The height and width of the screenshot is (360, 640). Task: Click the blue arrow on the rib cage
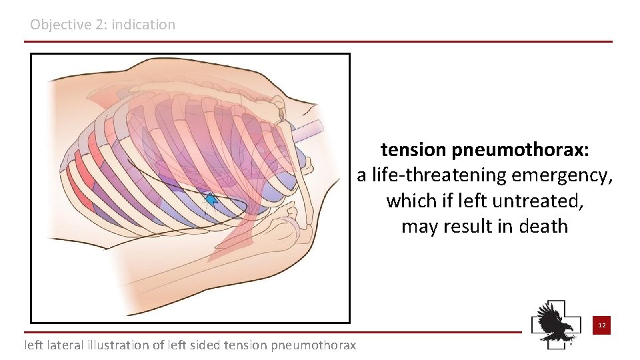tap(211, 199)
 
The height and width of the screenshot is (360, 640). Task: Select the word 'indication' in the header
tap(143, 25)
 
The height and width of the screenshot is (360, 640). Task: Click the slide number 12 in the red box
tap(601, 325)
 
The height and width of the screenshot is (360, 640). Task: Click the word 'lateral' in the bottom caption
tap(67, 345)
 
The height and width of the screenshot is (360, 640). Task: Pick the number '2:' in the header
tap(97, 25)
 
